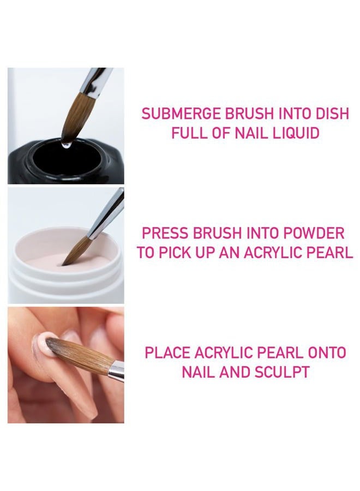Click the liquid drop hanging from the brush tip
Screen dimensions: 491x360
[x=66, y=145]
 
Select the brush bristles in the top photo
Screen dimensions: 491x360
[x=76, y=117]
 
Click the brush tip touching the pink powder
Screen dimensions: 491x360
[x=67, y=262]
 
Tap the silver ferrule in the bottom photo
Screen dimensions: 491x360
[x=116, y=372]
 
